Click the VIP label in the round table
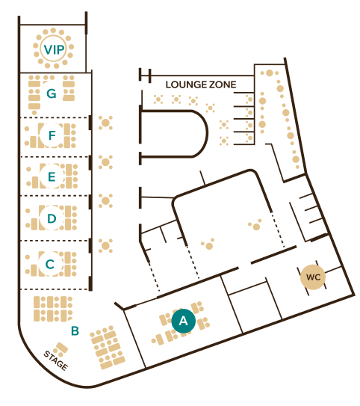[x=54, y=49]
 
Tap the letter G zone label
[x=52, y=93]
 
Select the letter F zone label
[x=52, y=135]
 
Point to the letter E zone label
[x=52, y=176]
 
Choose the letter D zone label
[x=52, y=218]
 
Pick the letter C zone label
[x=50, y=264]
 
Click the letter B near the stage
[x=75, y=330]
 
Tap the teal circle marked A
[x=184, y=321]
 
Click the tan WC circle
[x=313, y=277]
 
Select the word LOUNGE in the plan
[x=185, y=84]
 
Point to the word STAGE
[x=55, y=360]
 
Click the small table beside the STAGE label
[x=61, y=348]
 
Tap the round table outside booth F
[x=105, y=123]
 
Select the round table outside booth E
[x=105, y=162]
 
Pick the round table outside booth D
[x=105, y=200]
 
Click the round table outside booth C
[x=105, y=245]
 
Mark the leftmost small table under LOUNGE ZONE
[x=158, y=99]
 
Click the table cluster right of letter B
[x=108, y=347]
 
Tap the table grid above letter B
[x=53, y=309]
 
